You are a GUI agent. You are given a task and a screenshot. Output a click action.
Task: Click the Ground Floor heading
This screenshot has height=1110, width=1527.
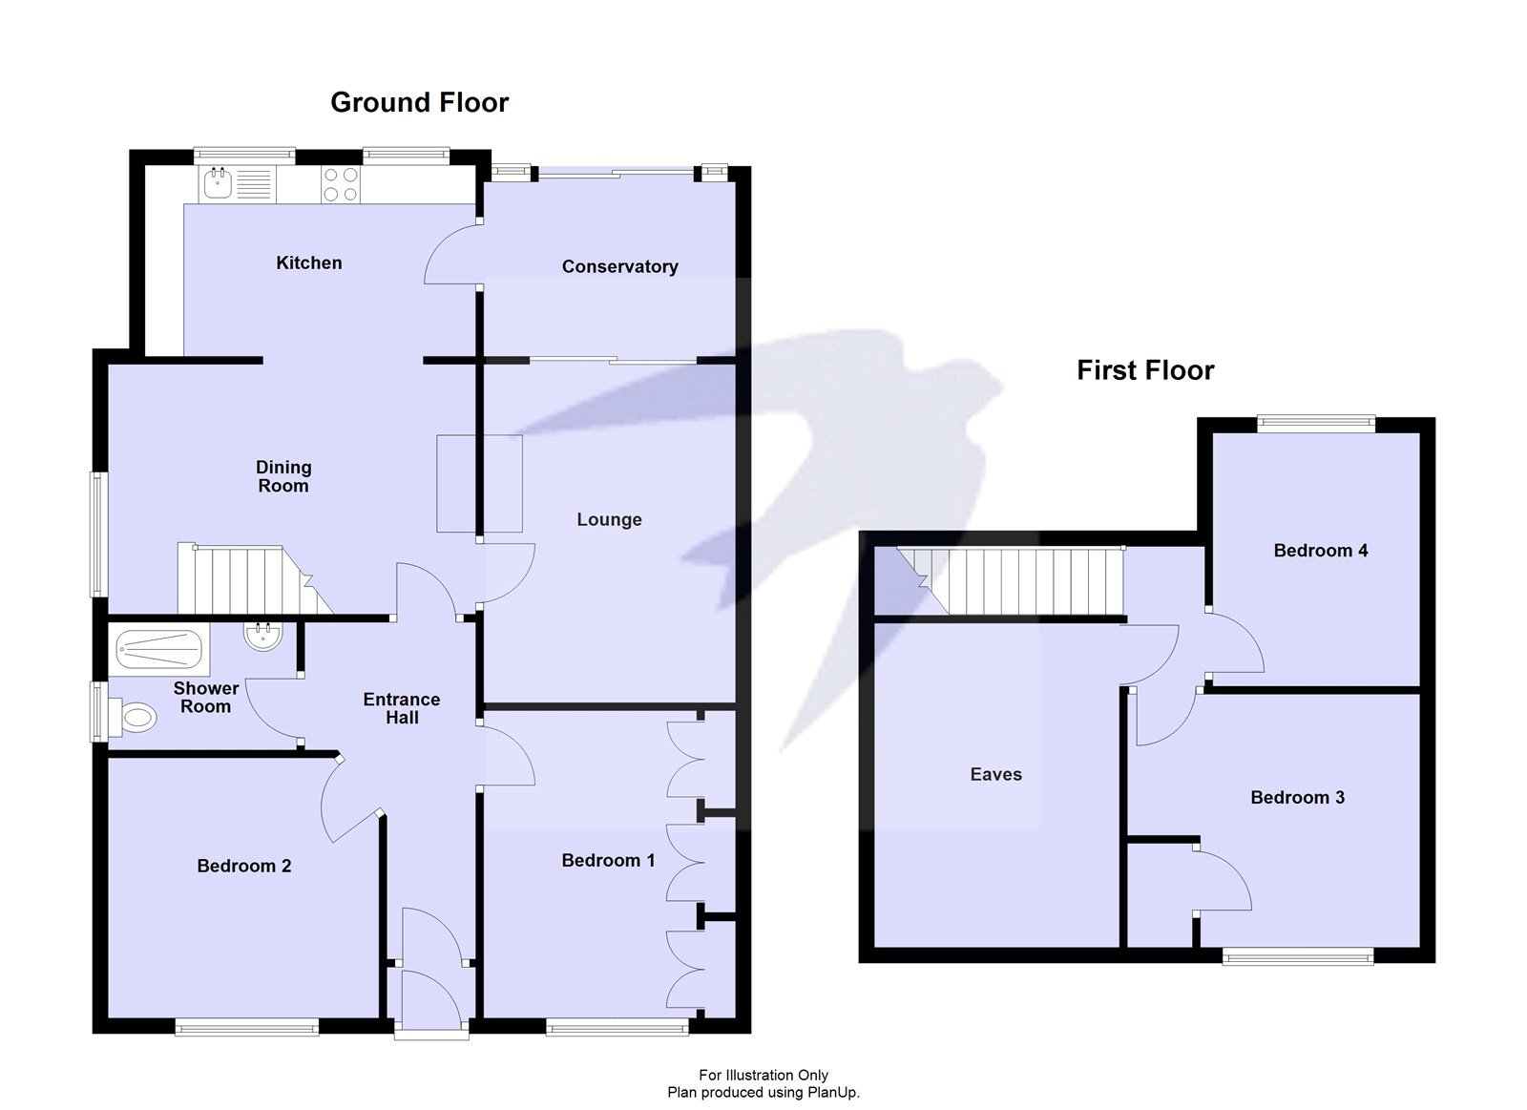point(419,102)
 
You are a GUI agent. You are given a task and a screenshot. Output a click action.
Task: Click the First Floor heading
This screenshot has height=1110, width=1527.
point(1144,370)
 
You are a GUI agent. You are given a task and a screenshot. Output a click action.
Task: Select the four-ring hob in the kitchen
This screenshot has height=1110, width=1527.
point(340,184)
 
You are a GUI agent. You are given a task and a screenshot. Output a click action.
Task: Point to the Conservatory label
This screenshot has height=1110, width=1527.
point(619,266)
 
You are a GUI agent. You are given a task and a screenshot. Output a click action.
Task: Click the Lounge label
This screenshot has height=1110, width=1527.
point(609,519)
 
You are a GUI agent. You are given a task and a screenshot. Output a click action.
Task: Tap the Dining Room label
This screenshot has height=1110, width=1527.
point(283,476)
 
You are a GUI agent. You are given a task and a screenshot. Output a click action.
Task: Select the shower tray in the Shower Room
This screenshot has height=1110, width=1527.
point(158,651)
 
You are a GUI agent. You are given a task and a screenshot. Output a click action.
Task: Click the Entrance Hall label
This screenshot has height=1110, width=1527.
point(402,708)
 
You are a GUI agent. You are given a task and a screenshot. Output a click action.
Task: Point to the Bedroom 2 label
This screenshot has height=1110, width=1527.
point(243,866)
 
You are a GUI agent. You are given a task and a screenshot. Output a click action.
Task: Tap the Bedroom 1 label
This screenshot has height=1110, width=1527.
point(608,860)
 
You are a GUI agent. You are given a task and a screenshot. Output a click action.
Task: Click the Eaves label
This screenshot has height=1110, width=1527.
point(995,774)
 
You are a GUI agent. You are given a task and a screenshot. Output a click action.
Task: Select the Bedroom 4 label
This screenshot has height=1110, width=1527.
point(1320,550)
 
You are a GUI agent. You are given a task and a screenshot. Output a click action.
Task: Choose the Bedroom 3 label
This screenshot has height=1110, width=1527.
point(1297,797)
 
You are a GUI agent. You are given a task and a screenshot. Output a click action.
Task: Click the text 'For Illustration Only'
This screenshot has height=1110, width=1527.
point(763,1075)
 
